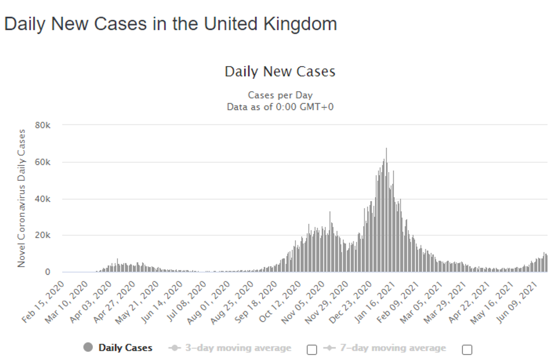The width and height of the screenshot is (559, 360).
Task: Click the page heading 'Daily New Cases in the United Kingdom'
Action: click(170, 24)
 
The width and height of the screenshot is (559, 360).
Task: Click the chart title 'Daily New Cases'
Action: click(280, 72)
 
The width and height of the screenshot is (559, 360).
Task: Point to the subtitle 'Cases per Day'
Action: click(280, 96)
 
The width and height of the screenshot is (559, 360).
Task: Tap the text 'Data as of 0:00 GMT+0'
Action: click(280, 107)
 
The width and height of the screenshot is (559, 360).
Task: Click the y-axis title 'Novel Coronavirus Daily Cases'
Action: click(22, 198)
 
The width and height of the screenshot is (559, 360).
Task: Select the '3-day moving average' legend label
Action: click(237, 348)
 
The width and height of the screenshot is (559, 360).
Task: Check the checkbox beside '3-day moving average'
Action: click(312, 350)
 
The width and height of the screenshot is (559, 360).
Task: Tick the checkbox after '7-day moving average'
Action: click(467, 350)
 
